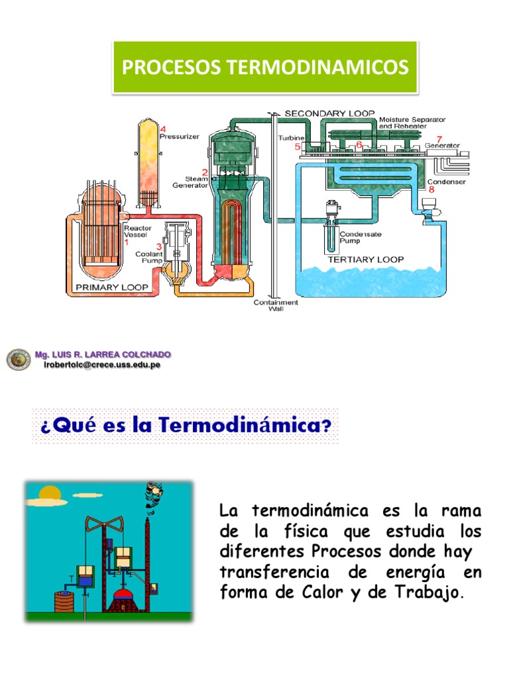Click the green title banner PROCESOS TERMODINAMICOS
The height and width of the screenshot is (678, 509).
coord(264,67)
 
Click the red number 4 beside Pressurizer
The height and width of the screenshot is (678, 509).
coord(162,128)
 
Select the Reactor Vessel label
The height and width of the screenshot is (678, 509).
coord(139,231)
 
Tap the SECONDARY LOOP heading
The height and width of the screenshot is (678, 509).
coord(329,113)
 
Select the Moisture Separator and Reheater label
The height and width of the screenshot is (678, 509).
coord(412,123)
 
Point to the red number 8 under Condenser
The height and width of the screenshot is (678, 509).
coord(431,189)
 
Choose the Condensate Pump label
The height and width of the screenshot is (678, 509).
coord(359,238)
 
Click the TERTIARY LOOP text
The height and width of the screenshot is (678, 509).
coord(366,260)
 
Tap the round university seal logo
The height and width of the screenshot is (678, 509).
coord(19,360)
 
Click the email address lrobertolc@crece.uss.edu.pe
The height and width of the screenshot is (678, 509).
coord(101,365)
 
